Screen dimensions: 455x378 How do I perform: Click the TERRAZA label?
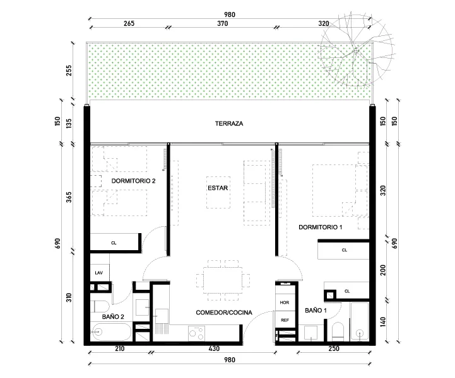click(x=229, y=123)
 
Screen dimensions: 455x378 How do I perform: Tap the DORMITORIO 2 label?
click(x=134, y=181)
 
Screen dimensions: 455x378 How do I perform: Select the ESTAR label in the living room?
click(x=218, y=188)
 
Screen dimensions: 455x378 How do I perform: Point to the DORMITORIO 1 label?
click(x=321, y=227)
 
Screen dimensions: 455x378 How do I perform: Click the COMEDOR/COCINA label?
click(x=224, y=312)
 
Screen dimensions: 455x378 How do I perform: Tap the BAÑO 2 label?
click(x=113, y=317)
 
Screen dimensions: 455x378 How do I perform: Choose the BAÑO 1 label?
click(x=316, y=310)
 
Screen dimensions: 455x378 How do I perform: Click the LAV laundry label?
click(x=99, y=273)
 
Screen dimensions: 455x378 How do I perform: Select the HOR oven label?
click(x=285, y=302)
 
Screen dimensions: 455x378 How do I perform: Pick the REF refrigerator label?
click(x=285, y=320)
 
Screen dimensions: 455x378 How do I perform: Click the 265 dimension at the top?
click(x=129, y=23)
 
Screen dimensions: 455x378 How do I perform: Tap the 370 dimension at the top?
click(x=223, y=23)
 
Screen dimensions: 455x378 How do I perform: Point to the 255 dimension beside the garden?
click(x=69, y=71)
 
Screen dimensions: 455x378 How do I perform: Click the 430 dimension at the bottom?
click(x=214, y=348)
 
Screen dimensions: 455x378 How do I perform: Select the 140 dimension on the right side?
click(x=383, y=322)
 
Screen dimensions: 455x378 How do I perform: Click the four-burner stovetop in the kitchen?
click(x=196, y=333)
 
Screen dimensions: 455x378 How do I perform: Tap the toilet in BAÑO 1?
click(x=338, y=331)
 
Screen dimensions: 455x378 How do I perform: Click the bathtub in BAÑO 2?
click(x=112, y=331)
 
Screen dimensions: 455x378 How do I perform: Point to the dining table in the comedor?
click(x=223, y=280)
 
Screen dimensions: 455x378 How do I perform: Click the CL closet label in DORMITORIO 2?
click(x=114, y=243)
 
